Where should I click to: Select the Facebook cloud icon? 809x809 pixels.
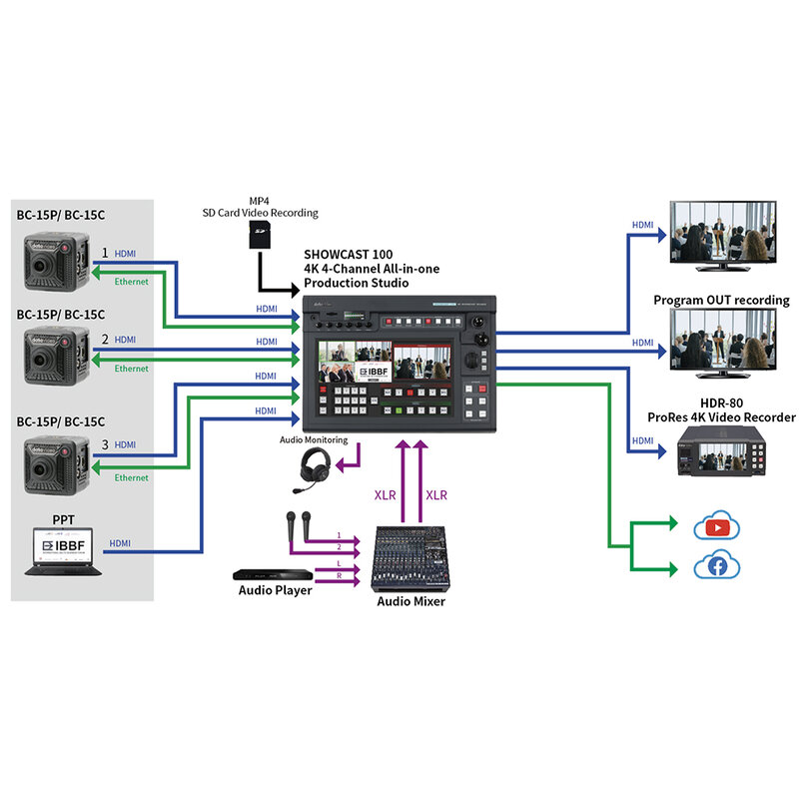716,566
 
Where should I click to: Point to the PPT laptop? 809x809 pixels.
62,552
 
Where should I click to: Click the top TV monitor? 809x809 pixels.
721,231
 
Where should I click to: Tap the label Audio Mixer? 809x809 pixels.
409,601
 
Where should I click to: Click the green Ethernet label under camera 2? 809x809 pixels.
131,369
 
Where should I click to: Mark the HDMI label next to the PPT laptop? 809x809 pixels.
120,543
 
